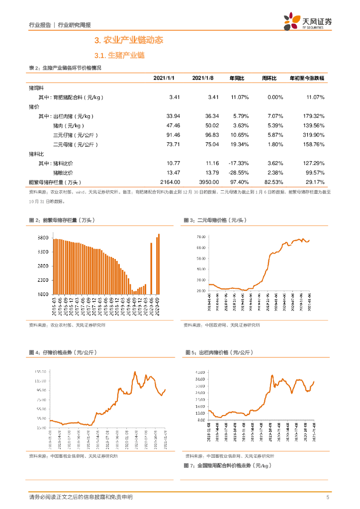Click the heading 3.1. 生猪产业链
point(119,55)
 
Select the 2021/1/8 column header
point(202,79)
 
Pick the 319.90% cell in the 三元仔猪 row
point(313,135)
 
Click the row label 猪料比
point(37,154)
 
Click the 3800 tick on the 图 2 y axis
point(43,238)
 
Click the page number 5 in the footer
point(328,498)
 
